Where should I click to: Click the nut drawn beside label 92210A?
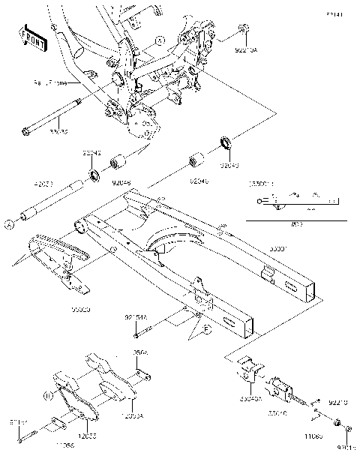[244, 29]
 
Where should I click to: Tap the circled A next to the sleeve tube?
[10, 223]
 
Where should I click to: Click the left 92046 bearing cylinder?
[117, 163]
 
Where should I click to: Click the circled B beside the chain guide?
[47, 394]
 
